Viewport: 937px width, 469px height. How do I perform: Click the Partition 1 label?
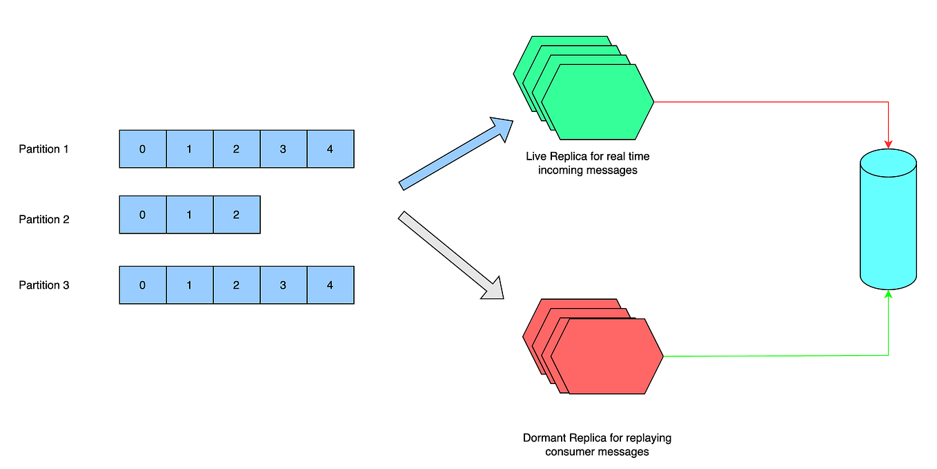pyautogui.click(x=43, y=149)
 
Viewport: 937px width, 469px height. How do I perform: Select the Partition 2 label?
pyautogui.click(x=43, y=220)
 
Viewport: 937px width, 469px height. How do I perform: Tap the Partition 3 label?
pyautogui.click(x=43, y=285)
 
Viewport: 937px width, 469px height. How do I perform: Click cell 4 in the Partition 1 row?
pyautogui.click(x=330, y=149)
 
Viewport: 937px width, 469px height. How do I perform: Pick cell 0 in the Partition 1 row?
pyautogui.click(x=142, y=149)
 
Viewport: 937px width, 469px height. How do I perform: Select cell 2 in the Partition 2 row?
pyautogui.click(x=236, y=215)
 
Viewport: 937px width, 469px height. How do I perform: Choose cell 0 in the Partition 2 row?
pyautogui.click(x=142, y=215)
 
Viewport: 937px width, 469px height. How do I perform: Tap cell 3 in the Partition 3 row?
pyautogui.click(x=283, y=285)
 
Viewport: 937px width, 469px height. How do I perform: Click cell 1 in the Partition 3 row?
pyautogui.click(x=189, y=285)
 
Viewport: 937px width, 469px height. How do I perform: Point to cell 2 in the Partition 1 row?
pyautogui.click(x=236, y=149)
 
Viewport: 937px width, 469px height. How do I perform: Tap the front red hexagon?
pyautogui.click(x=607, y=356)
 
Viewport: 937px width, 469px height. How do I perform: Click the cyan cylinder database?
pyautogui.click(x=888, y=220)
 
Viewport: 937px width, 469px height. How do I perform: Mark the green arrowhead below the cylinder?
pyautogui.click(x=888, y=296)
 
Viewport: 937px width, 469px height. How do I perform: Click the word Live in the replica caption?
pyautogui.click(x=536, y=157)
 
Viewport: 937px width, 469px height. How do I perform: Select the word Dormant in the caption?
pyautogui.click(x=544, y=438)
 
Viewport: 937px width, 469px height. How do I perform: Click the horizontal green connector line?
pyautogui.click(x=773, y=356)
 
